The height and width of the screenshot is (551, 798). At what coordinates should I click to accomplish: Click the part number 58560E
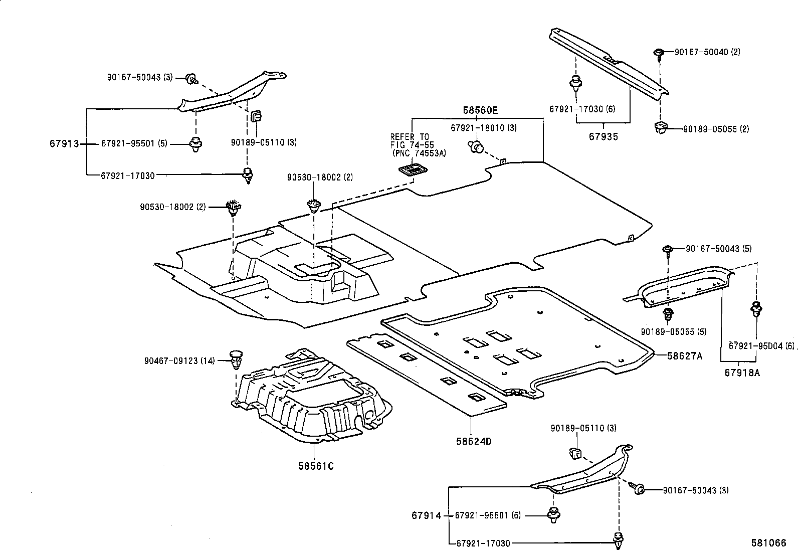click(480, 110)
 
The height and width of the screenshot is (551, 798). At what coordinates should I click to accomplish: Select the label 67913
click(64, 144)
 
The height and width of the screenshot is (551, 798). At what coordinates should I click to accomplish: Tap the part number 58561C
click(316, 466)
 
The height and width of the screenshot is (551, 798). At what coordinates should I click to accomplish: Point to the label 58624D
click(474, 441)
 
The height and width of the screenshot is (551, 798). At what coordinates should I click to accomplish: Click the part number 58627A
click(685, 356)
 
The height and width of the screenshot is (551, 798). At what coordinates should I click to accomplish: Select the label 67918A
click(742, 373)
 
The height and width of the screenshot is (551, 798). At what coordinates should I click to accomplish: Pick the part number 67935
click(604, 136)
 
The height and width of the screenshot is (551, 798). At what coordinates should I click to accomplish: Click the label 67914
click(427, 515)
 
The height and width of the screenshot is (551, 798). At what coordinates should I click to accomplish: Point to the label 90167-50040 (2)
click(707, 52)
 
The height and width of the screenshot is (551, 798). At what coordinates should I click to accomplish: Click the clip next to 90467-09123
click(236, 359)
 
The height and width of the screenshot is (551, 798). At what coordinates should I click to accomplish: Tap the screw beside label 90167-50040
click(659, 54)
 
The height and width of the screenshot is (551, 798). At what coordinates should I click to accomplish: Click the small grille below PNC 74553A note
click(413, 170)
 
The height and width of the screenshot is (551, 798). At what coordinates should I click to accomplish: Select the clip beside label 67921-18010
click(476, 146)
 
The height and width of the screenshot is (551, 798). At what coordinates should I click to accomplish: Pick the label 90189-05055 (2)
click(716, 129)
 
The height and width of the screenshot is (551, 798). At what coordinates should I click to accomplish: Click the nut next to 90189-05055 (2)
click(661, 128)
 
